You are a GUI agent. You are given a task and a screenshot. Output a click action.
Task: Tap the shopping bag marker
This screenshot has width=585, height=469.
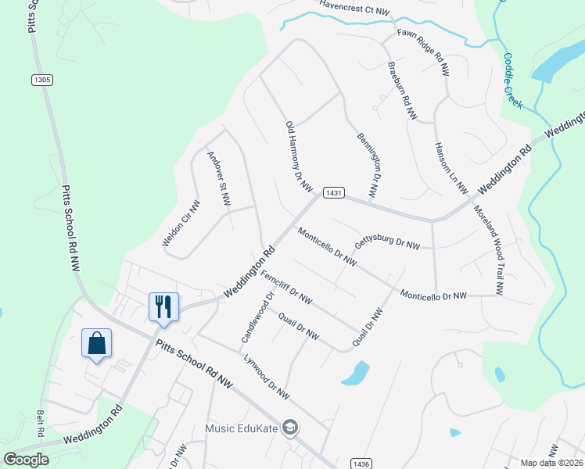tap(96, 342)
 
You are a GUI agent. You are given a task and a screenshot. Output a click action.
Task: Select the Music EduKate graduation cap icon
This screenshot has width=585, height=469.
tap(290, 427)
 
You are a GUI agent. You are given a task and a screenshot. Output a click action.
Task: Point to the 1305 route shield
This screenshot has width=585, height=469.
tap(42, 80)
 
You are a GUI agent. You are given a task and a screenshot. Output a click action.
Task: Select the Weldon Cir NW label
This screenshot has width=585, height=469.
tap(181, 224)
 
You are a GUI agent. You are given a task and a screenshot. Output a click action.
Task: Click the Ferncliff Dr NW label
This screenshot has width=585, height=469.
tap(286, 287)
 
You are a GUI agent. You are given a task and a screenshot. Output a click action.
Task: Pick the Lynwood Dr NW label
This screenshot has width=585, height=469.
tap(266, 376)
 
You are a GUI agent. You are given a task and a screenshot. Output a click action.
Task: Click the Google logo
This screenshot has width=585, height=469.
tap(27, 460)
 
